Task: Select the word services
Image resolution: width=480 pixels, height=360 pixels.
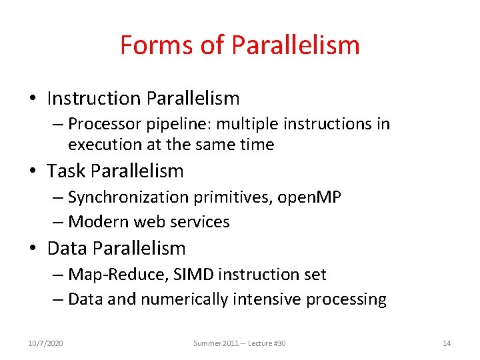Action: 200,221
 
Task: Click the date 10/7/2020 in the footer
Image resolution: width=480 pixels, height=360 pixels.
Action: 46,343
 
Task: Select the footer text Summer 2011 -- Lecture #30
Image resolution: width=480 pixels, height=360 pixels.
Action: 239,343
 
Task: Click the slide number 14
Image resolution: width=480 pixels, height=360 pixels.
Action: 447,343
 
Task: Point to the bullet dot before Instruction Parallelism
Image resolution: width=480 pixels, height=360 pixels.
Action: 32,99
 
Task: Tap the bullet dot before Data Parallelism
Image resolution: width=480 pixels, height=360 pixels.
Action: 32,249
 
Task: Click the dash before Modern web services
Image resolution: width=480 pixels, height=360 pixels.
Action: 58,221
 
